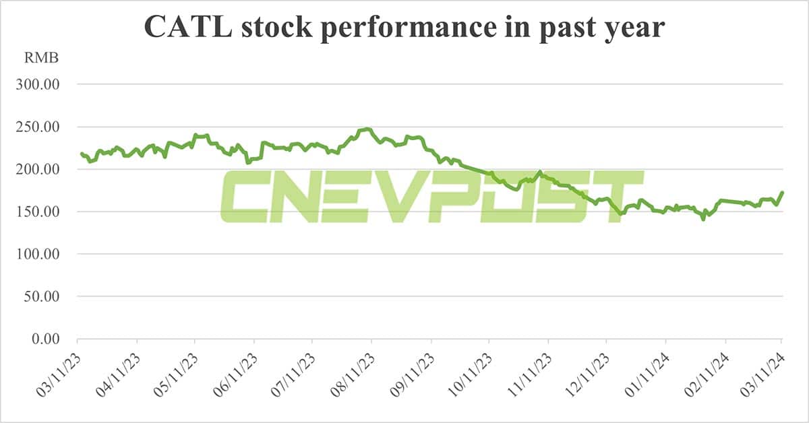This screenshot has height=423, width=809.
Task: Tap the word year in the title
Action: [x=630, y=29]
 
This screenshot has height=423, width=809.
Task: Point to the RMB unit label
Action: [x=42, y=59]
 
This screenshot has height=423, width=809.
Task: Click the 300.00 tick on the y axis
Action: [x=38, y=85]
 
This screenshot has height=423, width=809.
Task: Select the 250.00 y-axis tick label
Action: [x=38, y=127]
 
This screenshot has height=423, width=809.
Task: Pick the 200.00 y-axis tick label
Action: [x=38, y=170]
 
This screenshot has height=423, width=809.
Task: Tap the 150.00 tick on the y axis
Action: [x=38, y=212]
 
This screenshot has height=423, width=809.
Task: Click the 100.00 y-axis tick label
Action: [x=38, y=255]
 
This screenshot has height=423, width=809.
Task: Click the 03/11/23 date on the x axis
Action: [x=59, y=372]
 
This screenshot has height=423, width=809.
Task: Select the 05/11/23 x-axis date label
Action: [x=177, y=372]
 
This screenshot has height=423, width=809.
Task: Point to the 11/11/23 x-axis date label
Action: [x=530, y=372]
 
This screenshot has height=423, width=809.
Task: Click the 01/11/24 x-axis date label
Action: [x=648, y=372]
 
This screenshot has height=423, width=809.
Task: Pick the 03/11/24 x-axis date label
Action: [x=764, y=372]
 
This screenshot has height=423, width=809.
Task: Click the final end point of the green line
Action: [x=782, y=193]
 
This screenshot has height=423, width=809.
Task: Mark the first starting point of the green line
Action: [x=81, y=154]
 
